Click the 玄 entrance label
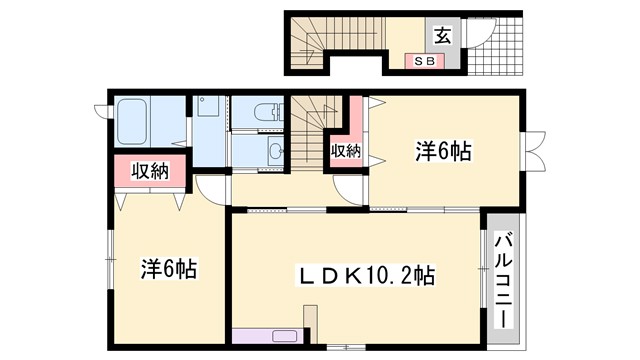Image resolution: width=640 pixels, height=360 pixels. [441, 35]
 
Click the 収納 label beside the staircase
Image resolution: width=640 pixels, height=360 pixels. [346, 151]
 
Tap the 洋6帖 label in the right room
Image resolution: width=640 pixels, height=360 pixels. [444, 151]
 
